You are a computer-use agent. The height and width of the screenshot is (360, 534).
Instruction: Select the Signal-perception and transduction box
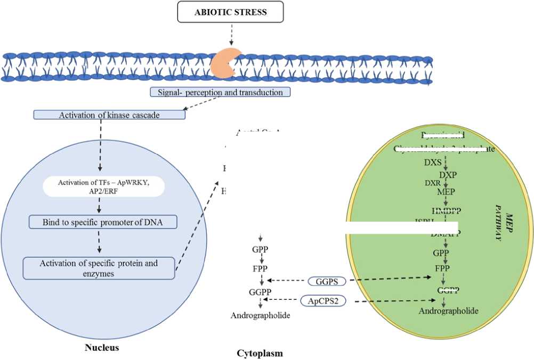click(x=220, y=92)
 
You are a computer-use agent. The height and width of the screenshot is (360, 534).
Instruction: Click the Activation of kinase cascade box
click(x=109, y=114)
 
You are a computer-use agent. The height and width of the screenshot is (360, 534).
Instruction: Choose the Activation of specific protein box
click(x=99, y=268)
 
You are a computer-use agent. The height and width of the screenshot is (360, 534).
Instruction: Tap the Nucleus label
click(x=101, y=348)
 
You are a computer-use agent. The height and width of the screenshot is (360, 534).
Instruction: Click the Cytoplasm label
click(x=260, y=353)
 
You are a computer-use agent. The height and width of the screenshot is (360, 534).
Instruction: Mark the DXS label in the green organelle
click(x=433, y=162)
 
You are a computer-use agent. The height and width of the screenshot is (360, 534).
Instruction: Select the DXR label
click(x=432, y=183)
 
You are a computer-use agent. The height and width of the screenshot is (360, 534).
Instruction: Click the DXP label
click(x=448, y=175)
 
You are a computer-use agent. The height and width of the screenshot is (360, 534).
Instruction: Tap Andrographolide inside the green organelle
click(x=448, y=310)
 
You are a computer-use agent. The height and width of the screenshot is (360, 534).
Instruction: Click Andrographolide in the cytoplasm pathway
click(x=260, y=316)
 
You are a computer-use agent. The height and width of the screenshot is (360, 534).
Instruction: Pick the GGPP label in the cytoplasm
click(x=260, y=292)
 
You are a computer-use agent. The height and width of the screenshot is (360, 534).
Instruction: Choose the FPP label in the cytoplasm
click(x=260, y=268)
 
